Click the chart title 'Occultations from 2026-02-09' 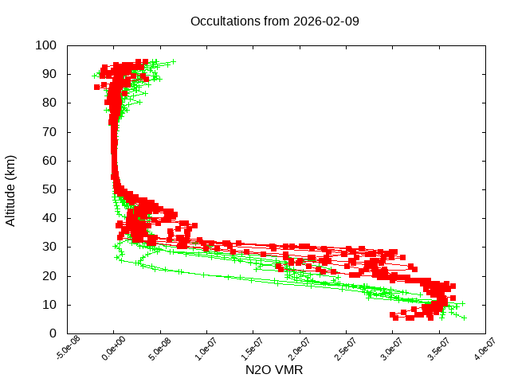coord(275,21)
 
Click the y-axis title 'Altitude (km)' coord(11,189)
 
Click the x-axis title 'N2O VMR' coord(275,370)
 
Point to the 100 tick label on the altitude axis coord(45,45)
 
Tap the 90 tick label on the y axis coord(49,74)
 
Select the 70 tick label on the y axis coord(49,131)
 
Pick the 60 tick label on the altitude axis coord(49,161)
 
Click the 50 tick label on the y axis coord(49,189)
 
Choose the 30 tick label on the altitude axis coord(49,247)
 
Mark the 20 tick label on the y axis coord(49,275)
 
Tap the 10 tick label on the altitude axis coord(49,304)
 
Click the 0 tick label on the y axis coord(52,333)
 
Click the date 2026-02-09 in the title coord(327,21)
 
